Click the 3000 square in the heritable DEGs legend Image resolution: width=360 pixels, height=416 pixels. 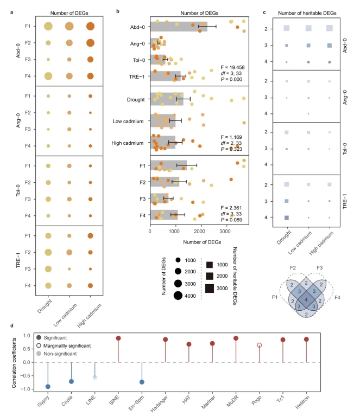(x=209, y=288)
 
